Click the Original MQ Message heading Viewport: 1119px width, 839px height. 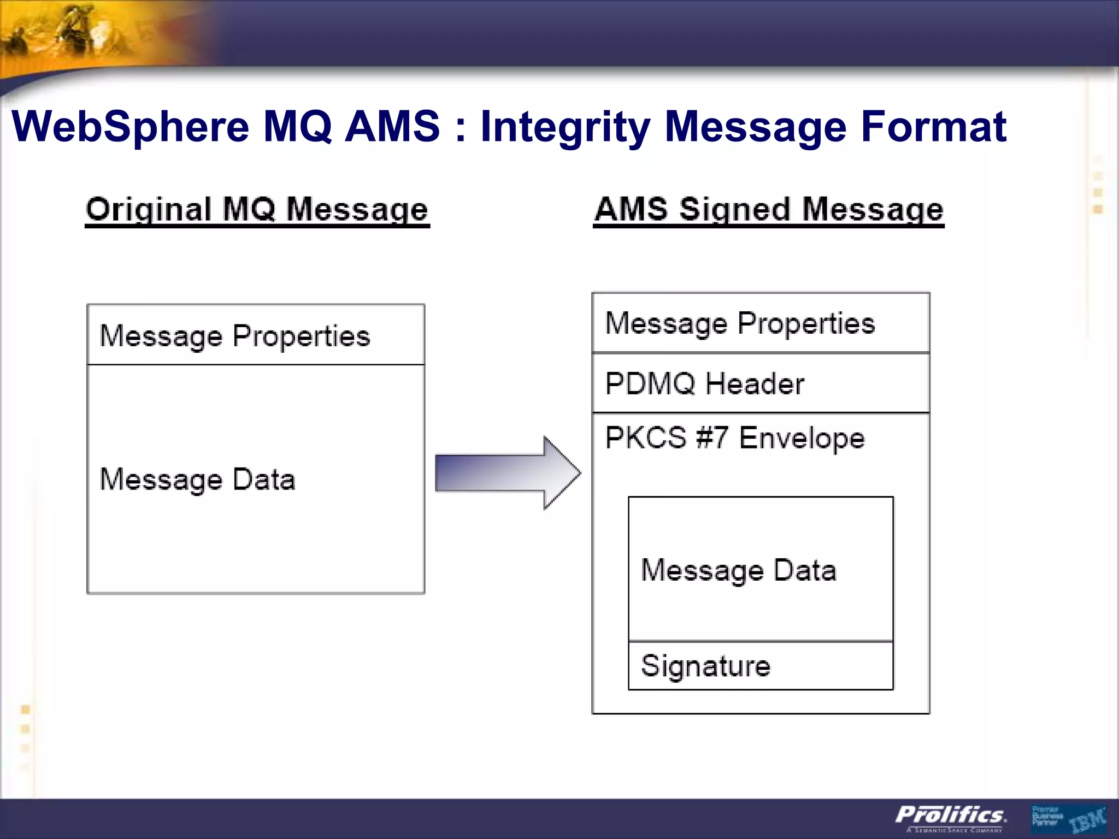coord(257,210)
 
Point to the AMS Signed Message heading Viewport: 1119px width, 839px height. coord(768,210)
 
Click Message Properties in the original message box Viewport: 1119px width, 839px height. coord(235,335)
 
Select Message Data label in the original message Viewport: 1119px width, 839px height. coord(197,480)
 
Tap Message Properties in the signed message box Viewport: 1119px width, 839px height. coord(740,323)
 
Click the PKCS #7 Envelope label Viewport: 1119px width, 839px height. coord(734,438)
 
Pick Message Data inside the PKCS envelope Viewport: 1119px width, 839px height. coord(738,570)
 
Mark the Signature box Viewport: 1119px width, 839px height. coord(760,666)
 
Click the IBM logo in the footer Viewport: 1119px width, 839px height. coord(1087,820)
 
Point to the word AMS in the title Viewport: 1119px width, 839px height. coord(392,127)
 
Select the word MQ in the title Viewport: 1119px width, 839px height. coord(297,127)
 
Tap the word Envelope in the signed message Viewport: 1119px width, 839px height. coord(802,438)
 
